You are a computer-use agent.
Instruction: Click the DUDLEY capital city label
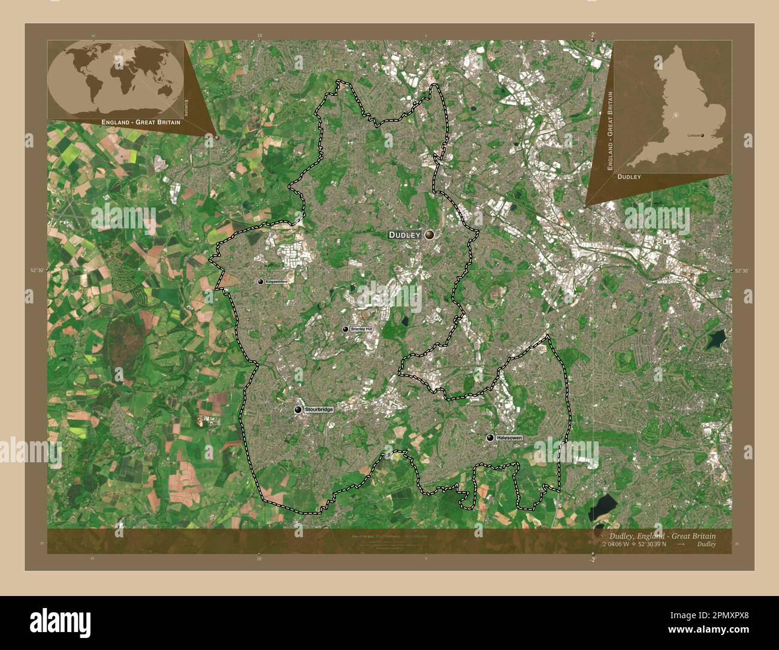point(405,235)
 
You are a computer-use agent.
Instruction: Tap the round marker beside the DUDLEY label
point(430,236)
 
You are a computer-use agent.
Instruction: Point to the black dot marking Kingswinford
point(260,282)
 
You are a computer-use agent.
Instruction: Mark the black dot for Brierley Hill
point(345,329)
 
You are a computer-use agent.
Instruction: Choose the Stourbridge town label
point(318,410)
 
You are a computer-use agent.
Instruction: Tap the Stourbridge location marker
point(298,410)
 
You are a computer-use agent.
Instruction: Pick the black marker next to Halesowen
point(490,438)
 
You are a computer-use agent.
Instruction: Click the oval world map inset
point(115,79)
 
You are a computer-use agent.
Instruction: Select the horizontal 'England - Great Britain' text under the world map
point(141,122)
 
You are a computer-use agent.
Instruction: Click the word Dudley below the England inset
point(629,177)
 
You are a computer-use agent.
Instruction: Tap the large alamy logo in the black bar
point(61,621)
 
